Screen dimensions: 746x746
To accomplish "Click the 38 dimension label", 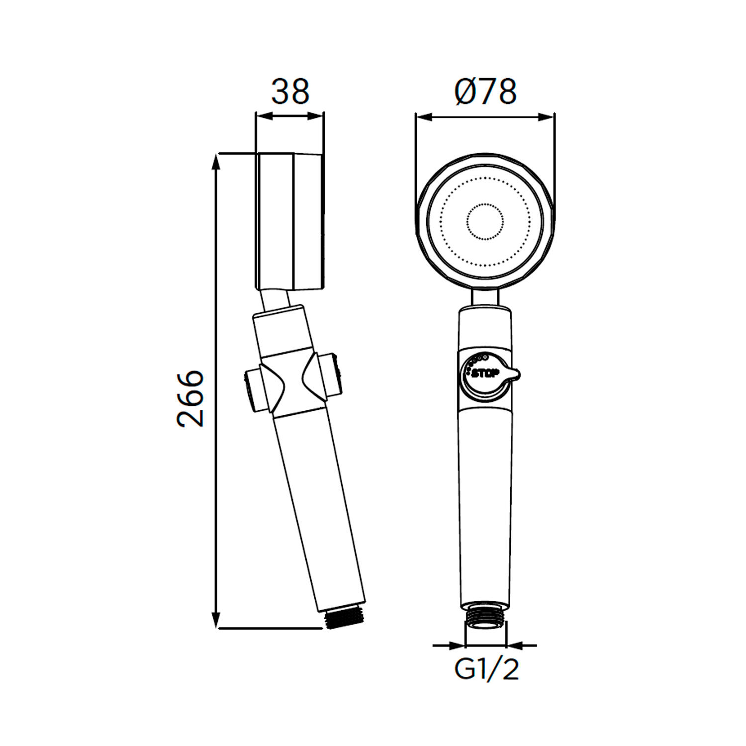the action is click(x=290, y=92).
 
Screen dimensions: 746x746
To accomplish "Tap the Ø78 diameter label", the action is click(x=485, y=92).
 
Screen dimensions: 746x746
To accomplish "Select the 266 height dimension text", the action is click(x=190, y=398).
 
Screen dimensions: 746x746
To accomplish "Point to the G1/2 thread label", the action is click(x=486, y=669).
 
